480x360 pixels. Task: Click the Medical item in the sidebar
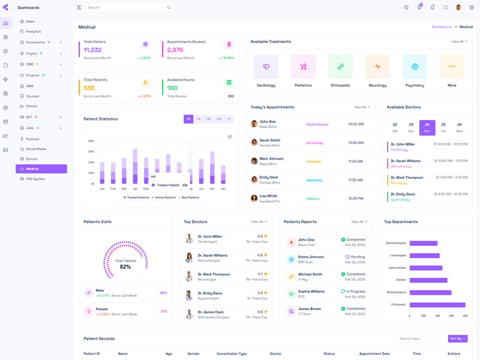(41, 169)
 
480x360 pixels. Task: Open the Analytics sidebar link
(34, 32)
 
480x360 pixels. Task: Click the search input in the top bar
(126, 8)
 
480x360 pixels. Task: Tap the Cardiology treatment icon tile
(266, 67)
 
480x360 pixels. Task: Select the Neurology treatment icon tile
(377, 67)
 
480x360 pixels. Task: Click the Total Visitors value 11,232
(92, 50)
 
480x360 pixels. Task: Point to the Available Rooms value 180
(172, 88)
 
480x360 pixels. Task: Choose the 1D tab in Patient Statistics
(188, 119)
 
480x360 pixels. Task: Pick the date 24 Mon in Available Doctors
(427, 127)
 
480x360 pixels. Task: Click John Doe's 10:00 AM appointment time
(356, 124)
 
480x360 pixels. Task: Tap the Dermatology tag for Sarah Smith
(315, 143)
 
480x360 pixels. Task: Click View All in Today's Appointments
(362, 107)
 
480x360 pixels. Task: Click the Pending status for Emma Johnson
(358, 257)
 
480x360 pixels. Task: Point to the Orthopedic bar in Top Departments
(437, 305)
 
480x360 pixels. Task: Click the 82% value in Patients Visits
(125, 266)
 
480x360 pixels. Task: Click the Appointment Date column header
(374, 354)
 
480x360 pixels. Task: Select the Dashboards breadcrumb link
(442, 27)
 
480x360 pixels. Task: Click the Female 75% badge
(163, 311)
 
